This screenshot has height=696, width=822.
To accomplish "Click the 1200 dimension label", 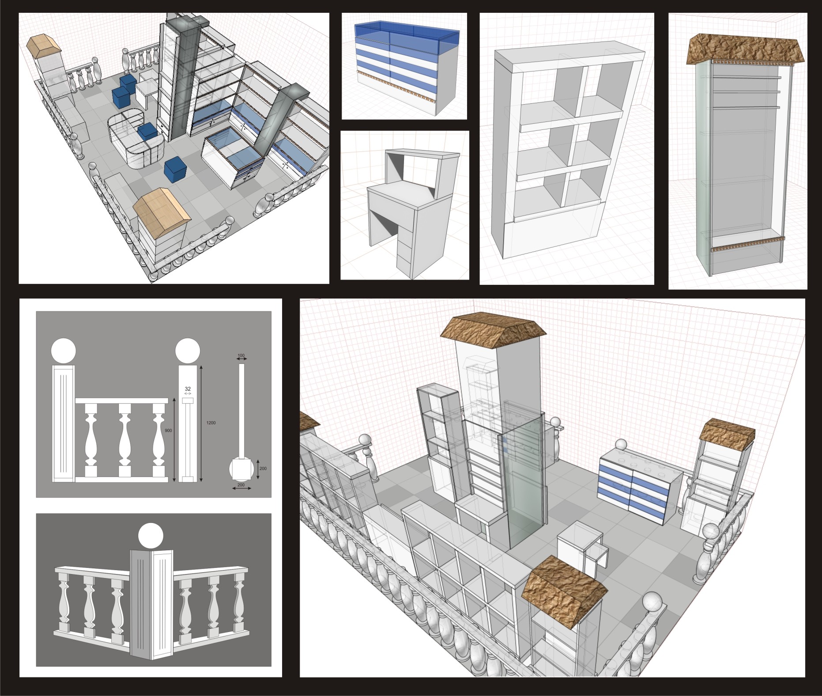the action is (211, 423).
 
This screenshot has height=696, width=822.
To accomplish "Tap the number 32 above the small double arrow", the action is (188, 388).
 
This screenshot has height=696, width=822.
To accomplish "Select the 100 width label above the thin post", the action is (241, 355).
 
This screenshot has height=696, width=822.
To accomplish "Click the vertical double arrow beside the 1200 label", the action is (201, 423).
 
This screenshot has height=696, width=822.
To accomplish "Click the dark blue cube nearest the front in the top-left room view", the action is (174, 170).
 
